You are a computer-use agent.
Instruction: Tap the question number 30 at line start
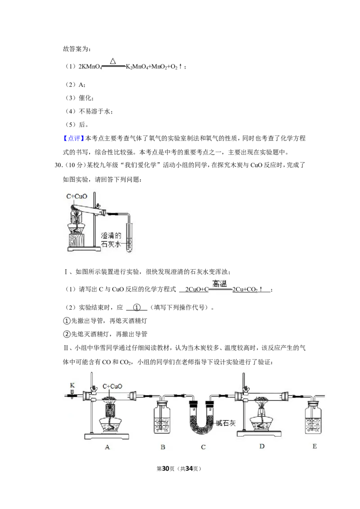[58, 165]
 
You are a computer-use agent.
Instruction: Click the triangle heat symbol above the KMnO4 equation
[113, 61]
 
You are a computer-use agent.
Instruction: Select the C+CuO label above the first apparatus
[76, 196]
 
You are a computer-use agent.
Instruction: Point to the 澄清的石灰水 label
[111, 240]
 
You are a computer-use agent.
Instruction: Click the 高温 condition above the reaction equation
[220, 283]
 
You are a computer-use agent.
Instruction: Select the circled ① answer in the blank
[137, 308]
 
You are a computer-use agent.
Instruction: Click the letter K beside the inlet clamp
[72, 385]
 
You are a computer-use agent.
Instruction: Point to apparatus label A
[107, 447]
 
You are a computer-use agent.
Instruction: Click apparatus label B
[163, 447]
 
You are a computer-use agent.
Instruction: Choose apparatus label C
[203, 447]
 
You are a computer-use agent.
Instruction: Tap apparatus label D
[262, 446]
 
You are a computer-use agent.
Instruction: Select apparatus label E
[315, 446]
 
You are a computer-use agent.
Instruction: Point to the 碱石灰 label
[226, 423]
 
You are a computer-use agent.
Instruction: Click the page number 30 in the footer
[166, 469]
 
